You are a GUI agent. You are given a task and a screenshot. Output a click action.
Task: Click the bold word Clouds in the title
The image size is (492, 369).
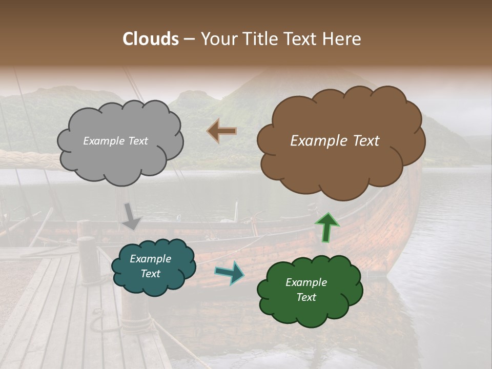coord(151,39)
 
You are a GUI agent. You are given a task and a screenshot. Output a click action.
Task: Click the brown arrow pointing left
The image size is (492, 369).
coord(221,131)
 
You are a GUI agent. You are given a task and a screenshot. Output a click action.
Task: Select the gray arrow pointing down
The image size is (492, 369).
coord(131,216)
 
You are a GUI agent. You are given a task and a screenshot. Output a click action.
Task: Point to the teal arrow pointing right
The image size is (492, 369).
coord(229,273)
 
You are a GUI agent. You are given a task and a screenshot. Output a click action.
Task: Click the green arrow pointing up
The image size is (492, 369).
coord(326,227)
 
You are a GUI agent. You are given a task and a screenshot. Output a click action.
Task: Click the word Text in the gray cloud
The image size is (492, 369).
coord(137,141)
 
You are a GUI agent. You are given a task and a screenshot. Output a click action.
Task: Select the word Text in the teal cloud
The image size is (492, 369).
coord(150,274)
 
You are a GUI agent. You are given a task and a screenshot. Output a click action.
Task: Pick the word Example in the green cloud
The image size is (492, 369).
coord(306,282)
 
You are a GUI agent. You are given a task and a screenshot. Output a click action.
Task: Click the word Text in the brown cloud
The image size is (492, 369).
coord(366,141)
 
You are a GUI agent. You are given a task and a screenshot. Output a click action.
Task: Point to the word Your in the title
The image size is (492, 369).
coord(217,39)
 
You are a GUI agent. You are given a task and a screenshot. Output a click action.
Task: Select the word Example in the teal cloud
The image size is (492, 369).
coord(150,259)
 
